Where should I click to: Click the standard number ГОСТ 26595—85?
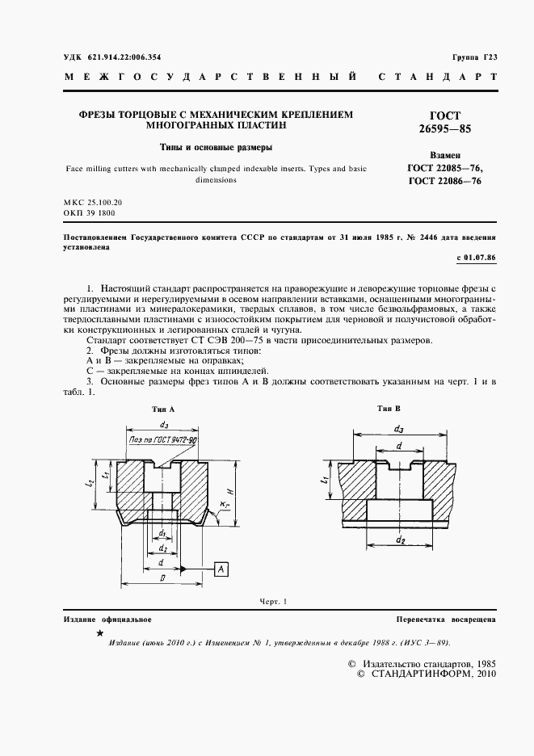445,122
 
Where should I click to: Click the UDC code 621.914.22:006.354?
118,57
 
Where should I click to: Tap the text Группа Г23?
475,57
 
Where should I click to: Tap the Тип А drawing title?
163,409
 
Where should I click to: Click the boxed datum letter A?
221,570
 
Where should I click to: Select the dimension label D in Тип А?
162,580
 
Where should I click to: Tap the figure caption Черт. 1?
273,602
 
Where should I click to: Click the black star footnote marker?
99,635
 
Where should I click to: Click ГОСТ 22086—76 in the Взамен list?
445,182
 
